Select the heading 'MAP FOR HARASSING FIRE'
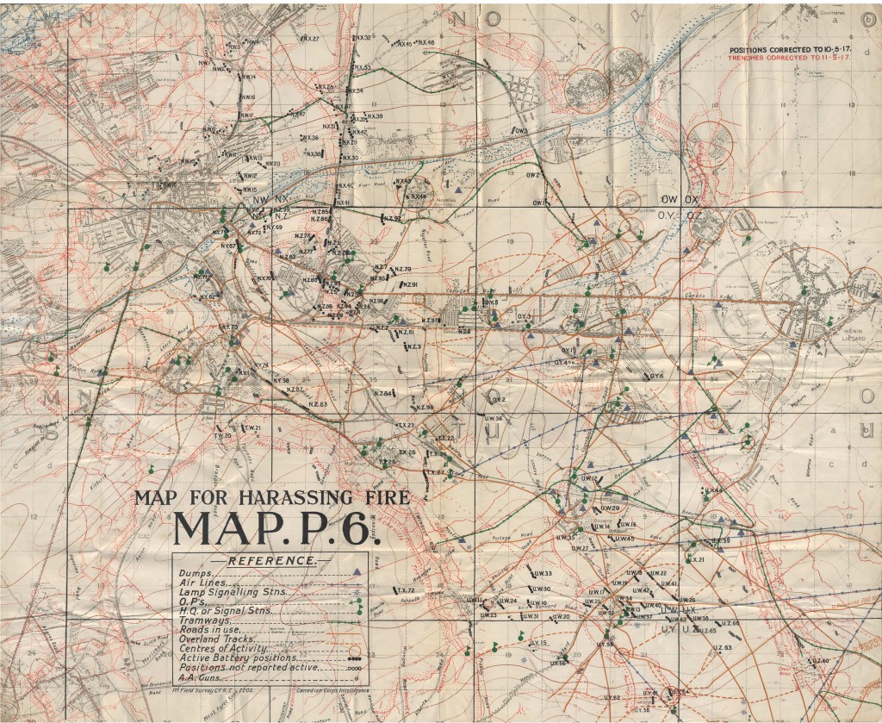tap(271, 498)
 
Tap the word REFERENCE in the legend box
tap(270, 561)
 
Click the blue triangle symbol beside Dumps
tap(357, 573)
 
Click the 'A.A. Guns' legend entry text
tap(199, 678)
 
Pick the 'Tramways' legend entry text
tap(204, 620)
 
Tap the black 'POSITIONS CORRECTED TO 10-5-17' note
tap(790, 51)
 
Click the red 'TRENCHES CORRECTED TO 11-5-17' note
tap(790, 59)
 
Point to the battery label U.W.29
tap(610, 508)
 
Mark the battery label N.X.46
tap(425, 43)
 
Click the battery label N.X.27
tap(309, 40)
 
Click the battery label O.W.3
tap(520, 130)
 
